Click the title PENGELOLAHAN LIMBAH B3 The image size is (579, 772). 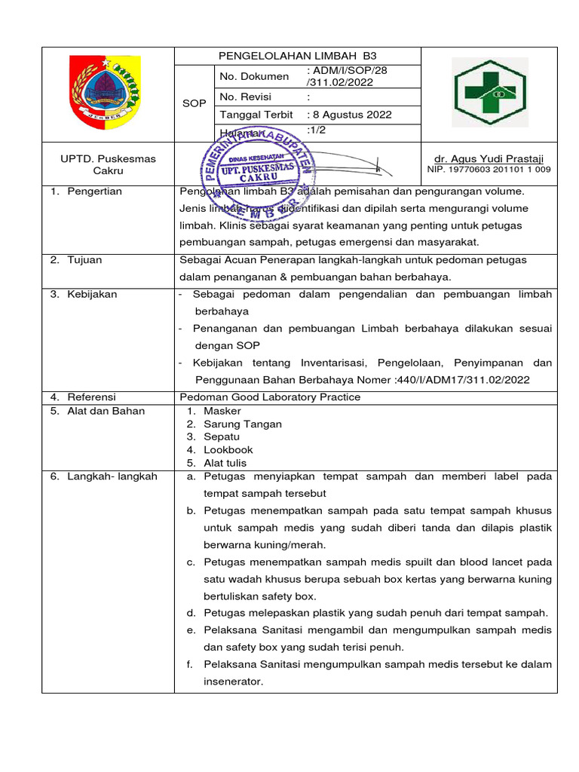tap(297, 56)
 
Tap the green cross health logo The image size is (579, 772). tap(489, 93)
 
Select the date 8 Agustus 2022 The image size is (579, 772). tap(350, 115)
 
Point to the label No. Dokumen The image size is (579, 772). tap(254, 76)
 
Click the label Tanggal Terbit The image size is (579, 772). tap(256, 115)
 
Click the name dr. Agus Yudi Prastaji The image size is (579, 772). tap(489, 159)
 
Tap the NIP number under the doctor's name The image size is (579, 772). tap(489, 170)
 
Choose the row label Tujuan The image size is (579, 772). tap(84, 260)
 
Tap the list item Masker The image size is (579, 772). tap(222, 411)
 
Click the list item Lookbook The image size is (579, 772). tap(228, 450)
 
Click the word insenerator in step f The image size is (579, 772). tap(233, 682)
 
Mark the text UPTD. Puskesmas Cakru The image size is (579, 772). tap(108, 165)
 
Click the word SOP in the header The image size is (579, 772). tap(195, 103)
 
